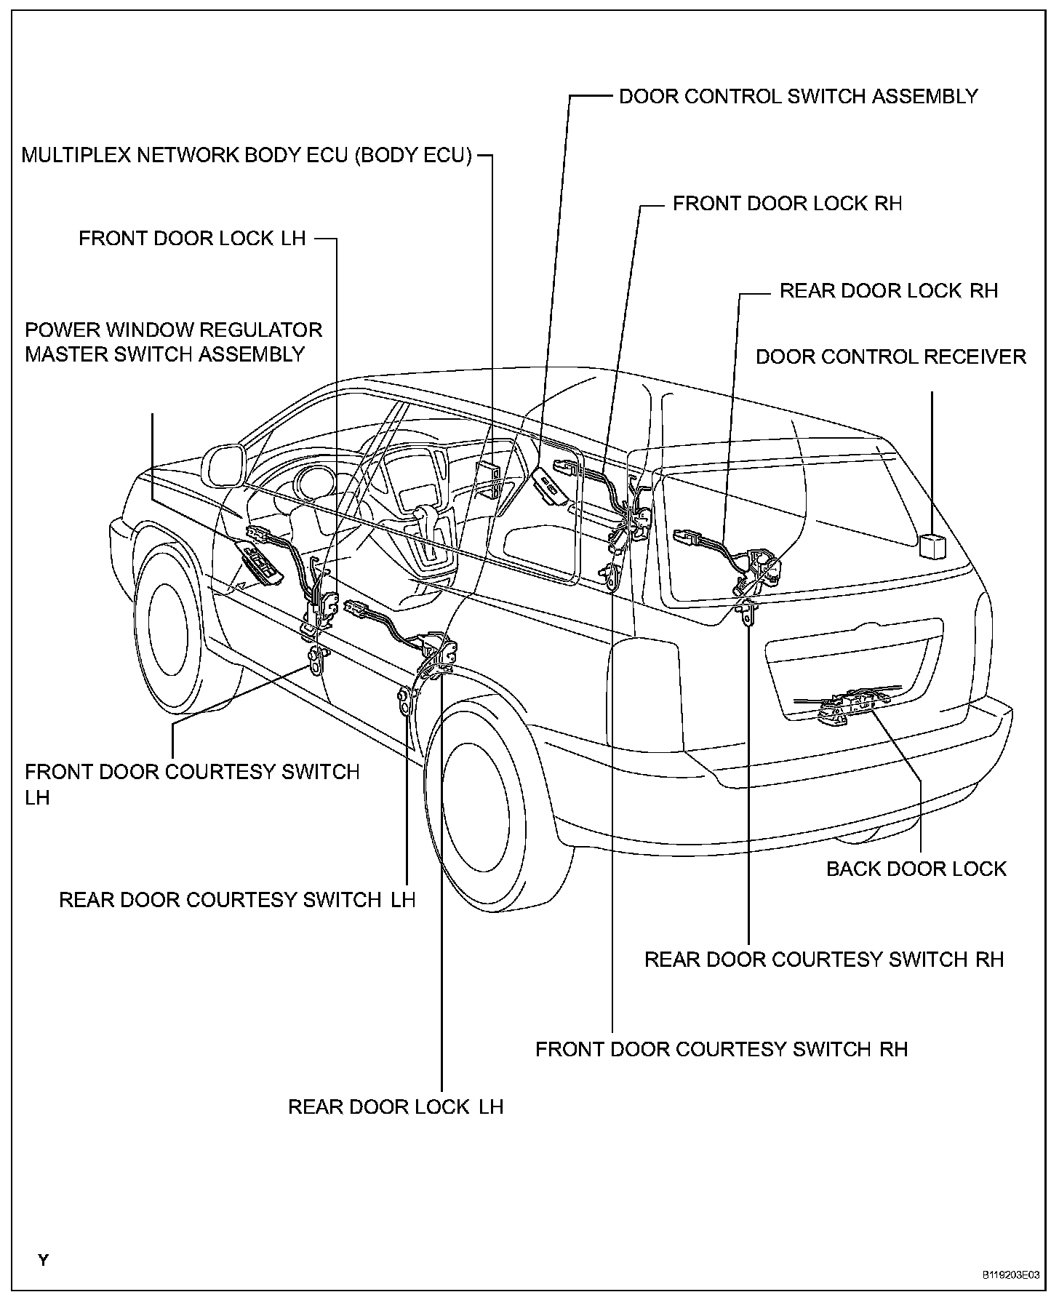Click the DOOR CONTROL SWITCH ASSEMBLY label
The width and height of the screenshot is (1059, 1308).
click(798, 96)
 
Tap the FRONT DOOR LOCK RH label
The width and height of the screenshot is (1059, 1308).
click(787, 203)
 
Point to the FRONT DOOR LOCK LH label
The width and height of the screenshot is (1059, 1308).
click(192, 239)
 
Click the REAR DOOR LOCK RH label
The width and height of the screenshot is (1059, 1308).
click(889, 290)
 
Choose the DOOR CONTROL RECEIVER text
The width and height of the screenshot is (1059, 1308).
click(891, 356)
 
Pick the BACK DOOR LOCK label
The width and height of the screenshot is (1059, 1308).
click(916, 869)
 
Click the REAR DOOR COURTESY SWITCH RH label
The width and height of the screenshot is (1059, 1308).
click(824, 959)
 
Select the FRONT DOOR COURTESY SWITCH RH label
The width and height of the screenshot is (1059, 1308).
click(722, 1049)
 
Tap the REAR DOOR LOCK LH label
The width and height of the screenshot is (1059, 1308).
click(396, 1106)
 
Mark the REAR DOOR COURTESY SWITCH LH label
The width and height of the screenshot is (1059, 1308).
click(237, 899)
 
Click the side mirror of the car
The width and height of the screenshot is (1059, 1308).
click(224, 466)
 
